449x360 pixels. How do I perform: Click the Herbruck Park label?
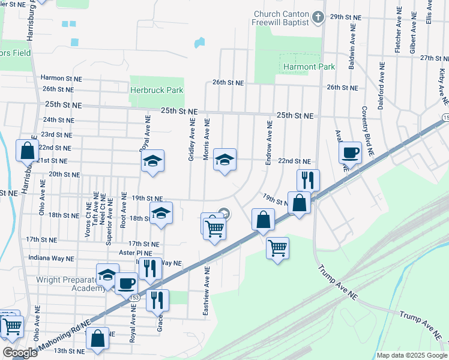156,90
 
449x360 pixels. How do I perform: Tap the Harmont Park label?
309,67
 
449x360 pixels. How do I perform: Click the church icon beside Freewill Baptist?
319,17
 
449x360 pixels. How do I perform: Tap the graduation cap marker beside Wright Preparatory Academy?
107,275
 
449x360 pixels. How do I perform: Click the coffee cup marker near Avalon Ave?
349,152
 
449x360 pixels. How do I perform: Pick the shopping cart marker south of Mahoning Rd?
277,247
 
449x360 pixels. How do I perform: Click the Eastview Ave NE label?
206,292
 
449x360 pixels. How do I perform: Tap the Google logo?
20,353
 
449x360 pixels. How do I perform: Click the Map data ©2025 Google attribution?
411,355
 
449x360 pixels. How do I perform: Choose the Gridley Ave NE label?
192,140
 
